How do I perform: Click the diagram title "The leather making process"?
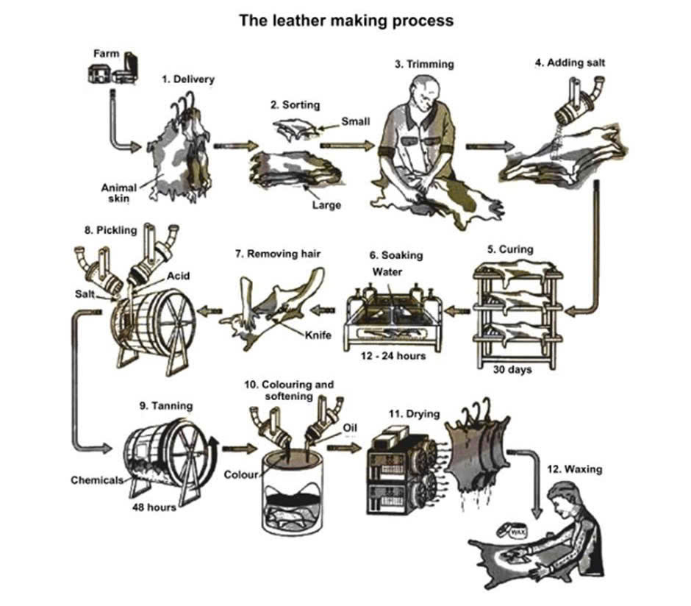[x=346, y=21]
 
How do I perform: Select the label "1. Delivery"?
[x=188, y=79]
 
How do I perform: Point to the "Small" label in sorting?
[x=356, y=121]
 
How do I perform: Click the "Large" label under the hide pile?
[x=326, y=205]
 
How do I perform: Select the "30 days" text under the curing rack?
[x=512, y=369]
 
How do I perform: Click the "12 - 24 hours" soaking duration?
[x=393, y=356]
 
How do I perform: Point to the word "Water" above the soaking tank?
[x=387, y=271]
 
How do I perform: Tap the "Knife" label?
[x=318, y=335]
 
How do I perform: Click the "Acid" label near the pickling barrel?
[x=178, y=276]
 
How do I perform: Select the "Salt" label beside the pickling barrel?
[x=85, y=293]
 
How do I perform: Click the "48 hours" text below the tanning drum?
[x=154, y=507]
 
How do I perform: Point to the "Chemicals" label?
[x=97, y=480]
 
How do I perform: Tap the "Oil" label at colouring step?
[x=350, y=427]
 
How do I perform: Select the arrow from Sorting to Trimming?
[x=348, y=146]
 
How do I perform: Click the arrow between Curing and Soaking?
[x=458, y=311]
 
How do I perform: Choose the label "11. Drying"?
[x=415, y=413]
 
